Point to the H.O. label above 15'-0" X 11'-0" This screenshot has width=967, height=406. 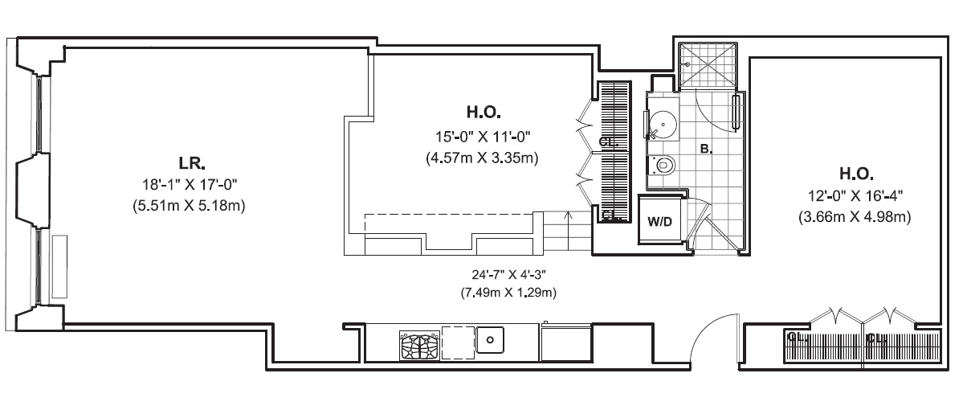click(x=483, y=111)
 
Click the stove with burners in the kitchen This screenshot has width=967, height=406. click(x=419, y=347)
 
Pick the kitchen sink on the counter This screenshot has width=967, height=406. click(x=489, y=340)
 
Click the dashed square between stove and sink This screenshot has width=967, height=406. click(x=457, y=342)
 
